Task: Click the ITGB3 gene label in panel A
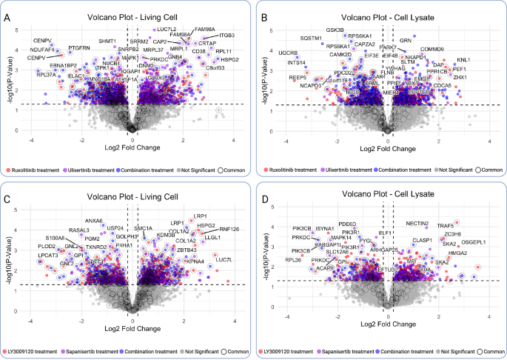pyautogui.click(x=226, y=35)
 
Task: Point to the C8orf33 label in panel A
pyautogui.click(x=215, y=68)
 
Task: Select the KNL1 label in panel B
pyautogui.click(x=464, y=59)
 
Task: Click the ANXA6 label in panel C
pyautogui.click(x=94, y=221)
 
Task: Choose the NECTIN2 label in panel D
pyautogui.click(x=417, y=223)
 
